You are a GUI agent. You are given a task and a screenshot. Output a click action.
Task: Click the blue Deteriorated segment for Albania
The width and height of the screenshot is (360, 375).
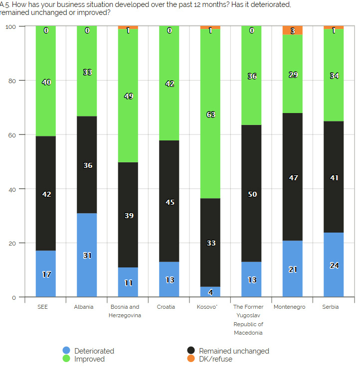click(87, 255)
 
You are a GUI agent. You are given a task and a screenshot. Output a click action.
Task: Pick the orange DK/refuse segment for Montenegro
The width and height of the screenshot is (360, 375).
click(292, 30)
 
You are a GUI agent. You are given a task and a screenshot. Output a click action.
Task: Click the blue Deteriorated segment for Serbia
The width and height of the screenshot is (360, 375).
click(334, 265)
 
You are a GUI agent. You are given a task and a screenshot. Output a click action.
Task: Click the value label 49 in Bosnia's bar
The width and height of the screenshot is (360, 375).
click(128, 96)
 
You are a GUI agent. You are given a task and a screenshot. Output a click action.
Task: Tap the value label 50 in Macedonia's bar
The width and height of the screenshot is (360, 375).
click(252, 194)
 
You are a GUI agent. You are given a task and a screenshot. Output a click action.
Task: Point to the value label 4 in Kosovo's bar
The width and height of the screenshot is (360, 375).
click(210, 292)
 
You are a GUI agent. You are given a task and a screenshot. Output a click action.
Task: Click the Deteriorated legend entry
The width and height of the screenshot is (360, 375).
click(94, 351)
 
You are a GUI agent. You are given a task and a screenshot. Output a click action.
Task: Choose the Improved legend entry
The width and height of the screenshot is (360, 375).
click(89, 359)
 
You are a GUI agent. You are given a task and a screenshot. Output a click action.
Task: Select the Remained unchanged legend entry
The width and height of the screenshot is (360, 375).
click(233, 351)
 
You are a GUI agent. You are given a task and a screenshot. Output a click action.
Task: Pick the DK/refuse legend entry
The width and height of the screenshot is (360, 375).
click(215, 359)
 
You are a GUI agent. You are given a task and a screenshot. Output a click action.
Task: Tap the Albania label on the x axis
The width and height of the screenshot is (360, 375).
click(84, 307)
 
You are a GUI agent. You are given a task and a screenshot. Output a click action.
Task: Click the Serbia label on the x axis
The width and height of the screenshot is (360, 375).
click(331, 307)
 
